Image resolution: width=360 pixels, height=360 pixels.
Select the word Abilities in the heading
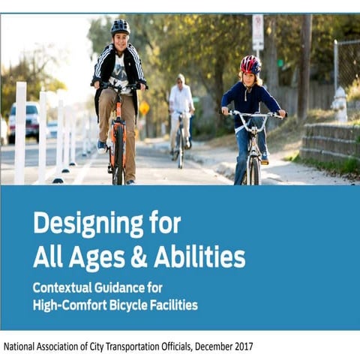202,257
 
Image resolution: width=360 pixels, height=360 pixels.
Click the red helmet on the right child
250,64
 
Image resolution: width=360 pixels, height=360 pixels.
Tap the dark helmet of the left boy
120,27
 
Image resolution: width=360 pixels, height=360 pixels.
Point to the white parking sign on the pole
257,31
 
